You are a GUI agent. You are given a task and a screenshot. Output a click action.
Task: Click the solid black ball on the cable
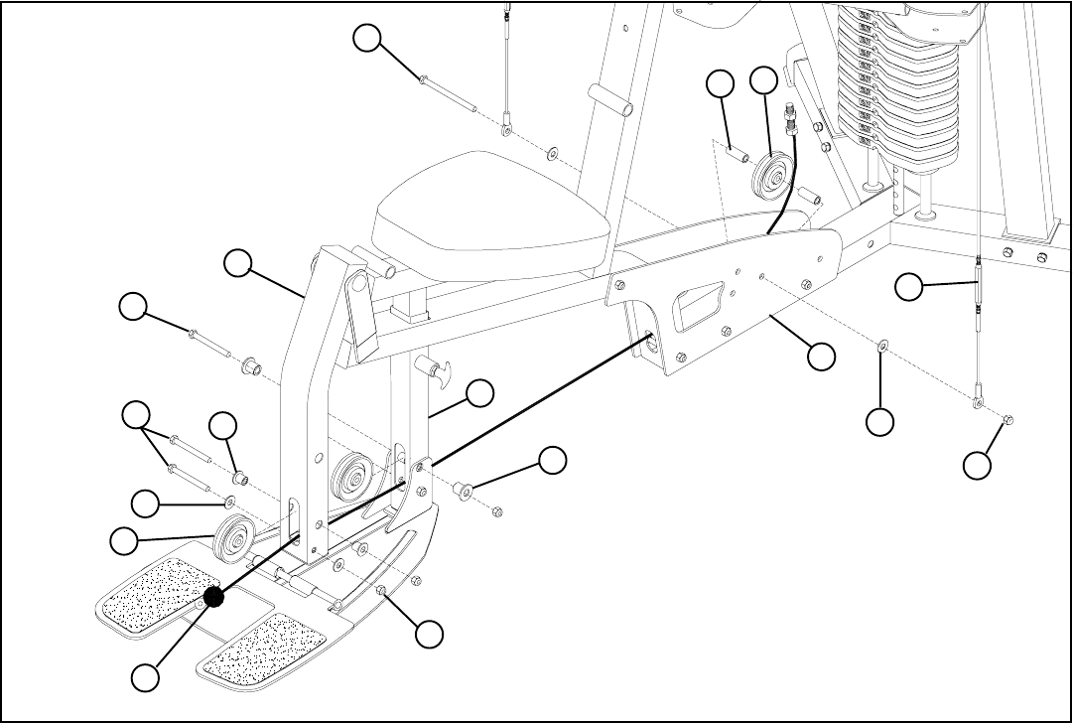coord(212,597)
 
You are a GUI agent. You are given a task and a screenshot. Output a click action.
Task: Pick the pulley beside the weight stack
coord(772,177)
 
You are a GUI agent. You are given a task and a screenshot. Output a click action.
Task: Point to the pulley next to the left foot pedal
coord(234,538)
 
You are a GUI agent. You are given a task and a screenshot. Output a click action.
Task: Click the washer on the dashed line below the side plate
coord(880,346)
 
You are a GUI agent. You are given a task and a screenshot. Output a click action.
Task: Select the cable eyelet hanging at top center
coord(506,130)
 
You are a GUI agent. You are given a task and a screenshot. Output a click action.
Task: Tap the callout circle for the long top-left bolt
coord(368,38)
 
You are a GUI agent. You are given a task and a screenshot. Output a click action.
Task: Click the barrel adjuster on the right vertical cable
coord(979,283)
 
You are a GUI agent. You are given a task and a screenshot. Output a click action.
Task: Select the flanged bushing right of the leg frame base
coord(463,490)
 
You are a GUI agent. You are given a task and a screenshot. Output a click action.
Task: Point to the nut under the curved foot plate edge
coord(382,592)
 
